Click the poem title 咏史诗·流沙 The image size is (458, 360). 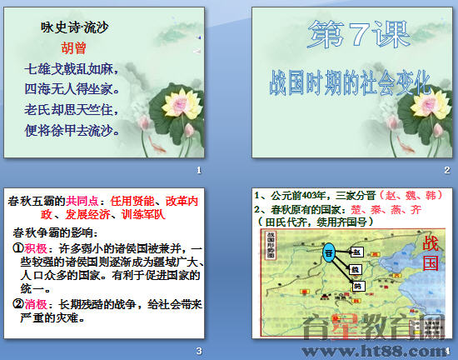[x=75, y=27]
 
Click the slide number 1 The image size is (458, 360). [x=198, y=172]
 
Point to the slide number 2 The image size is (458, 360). [x=446, y=172]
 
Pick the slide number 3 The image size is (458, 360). [x=198, y=350]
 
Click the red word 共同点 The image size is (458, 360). [x=82, y=201]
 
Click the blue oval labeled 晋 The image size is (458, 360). [x=328, y=252]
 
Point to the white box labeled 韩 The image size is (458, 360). [x=358, y=286]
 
